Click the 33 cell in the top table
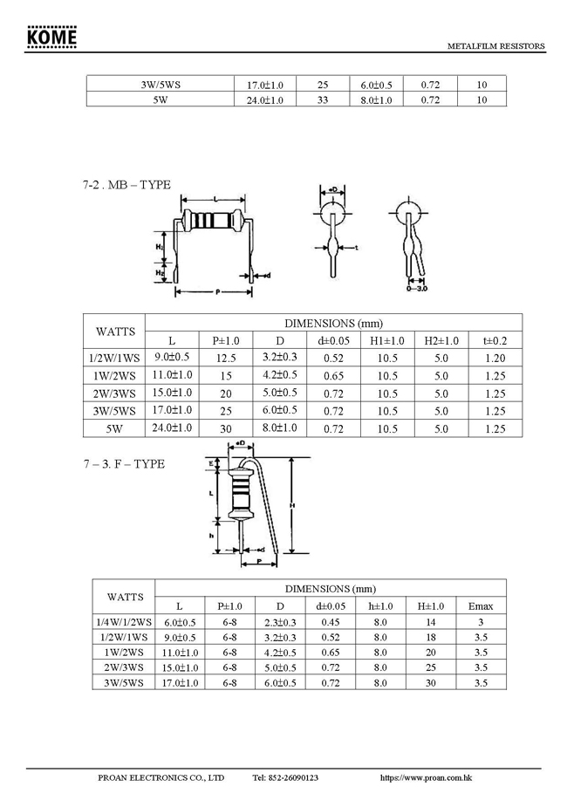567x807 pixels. point(322,100)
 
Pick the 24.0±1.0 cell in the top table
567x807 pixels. point(264,100)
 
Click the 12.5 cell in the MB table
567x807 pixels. point(226,358)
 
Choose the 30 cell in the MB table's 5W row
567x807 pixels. point(226,429)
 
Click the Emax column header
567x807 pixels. point(481,605)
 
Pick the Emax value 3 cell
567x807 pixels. point(481,622)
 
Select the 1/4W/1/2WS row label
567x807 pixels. point(123,622)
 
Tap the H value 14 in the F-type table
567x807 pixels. point(430,622)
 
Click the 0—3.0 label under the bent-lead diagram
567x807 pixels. point(416,287)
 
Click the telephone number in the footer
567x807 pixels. point(285,776)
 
